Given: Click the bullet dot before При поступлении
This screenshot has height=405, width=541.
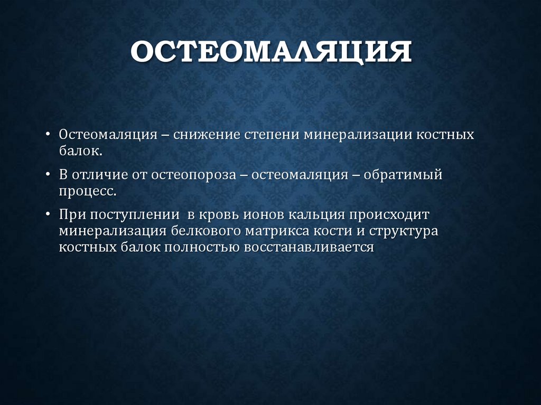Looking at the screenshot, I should pos(49,215).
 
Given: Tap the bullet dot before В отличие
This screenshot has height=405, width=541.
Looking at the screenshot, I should pos(49,175).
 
